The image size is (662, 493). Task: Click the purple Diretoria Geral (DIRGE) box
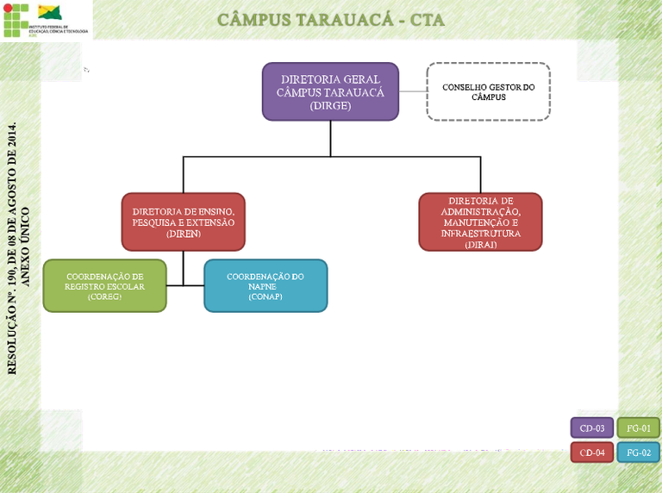click(330, 90)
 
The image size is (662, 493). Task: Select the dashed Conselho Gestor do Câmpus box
click(488, 91)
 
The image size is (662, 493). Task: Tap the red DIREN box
click(183, 222)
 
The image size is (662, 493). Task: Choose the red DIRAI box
click(480, 222)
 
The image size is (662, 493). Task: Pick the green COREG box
click(104, 285)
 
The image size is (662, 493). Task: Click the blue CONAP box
click(265, 285)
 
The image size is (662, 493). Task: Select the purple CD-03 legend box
click(591, 427)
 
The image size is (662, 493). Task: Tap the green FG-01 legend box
click(639, 427)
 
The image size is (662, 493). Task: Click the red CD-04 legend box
click(591, 452)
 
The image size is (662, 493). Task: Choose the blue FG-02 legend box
click(639, 452)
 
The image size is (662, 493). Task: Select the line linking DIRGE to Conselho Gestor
click(413, 91)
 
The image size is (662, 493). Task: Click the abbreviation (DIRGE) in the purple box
click(330, 106)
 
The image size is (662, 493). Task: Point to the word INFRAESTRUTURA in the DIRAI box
click(480, 233)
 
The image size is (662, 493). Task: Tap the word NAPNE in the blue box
click(265, 286)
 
